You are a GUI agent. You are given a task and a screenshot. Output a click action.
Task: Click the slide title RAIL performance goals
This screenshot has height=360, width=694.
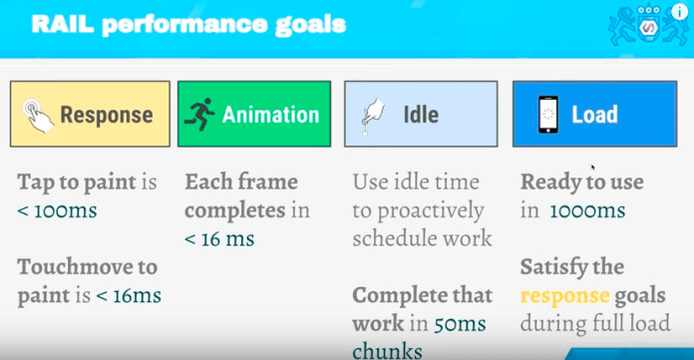(x=189, y=24)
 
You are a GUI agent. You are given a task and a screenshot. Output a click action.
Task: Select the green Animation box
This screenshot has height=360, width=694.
(x=253, y=114)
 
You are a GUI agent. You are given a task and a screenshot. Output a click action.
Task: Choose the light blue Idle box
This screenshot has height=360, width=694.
(x=420, y=114)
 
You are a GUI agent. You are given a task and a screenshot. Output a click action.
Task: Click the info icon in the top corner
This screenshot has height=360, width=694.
(x=679, y=13)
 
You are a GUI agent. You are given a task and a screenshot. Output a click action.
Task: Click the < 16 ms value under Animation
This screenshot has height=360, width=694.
(x=218, y=238)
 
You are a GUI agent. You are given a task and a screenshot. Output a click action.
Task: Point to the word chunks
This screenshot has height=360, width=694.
(x=387, y=350)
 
